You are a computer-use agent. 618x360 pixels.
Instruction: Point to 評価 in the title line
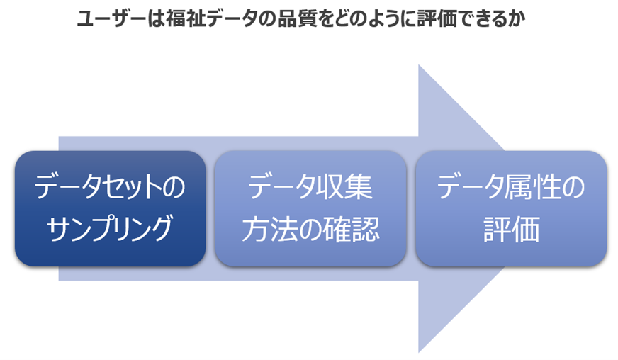pos(432,21)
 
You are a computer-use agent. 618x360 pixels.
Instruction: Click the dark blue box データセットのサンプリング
pos(110,208)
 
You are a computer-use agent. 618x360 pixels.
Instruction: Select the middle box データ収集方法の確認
pos(310,208)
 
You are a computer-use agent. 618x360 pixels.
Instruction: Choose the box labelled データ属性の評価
pos(511,208)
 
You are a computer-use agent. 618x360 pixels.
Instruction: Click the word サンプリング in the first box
pos(110,229)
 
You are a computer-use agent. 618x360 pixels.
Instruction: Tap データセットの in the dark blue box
pos(110,189)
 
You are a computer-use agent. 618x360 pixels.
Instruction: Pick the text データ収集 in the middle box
pos(310,189)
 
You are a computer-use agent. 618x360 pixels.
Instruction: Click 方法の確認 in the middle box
pos(310,229)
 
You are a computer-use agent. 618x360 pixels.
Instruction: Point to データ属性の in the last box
pos(511,189)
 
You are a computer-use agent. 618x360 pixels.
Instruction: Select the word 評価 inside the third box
pos(511,229)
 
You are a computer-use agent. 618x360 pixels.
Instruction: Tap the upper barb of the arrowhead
pos(425,78)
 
